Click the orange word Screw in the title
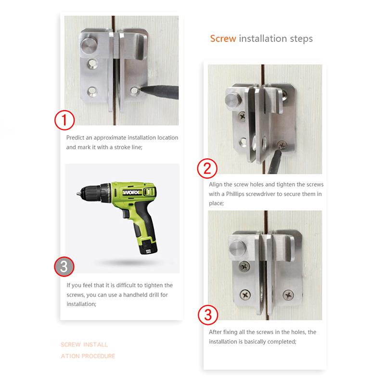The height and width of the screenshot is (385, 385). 223,38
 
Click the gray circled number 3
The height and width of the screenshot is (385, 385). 64,266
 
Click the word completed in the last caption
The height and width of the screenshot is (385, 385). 278,341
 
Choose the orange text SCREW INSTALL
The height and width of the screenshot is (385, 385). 84,345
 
